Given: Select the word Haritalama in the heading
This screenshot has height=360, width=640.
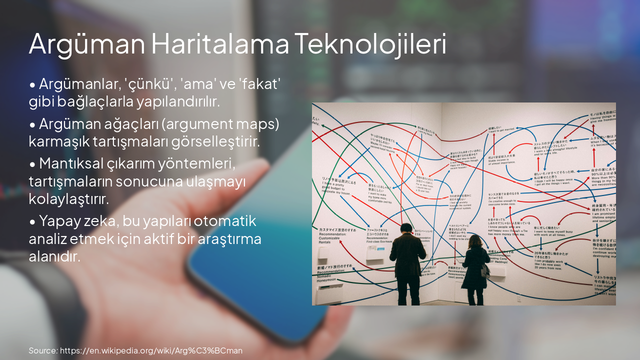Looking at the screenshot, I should point(219,44).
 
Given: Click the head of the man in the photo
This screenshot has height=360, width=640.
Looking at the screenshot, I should point(406,229).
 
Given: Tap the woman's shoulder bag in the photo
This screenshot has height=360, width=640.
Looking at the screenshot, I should point(484,271).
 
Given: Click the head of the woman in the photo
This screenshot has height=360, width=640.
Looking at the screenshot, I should point(475,241).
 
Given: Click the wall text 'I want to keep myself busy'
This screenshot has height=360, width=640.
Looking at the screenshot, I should point(553,231).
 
